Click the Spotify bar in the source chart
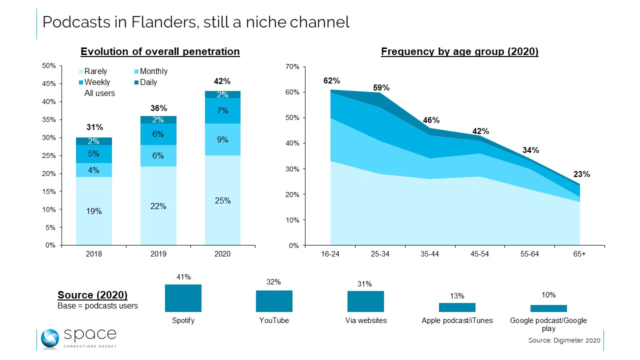coord(183,298)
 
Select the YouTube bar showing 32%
coord(274,301)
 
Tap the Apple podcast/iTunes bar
coord(457,307)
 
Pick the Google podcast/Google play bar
coord(548,308)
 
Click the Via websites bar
coord(365,301)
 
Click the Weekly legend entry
coord(94,82)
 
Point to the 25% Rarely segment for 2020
coord(222,200)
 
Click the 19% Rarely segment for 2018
coord(94,211)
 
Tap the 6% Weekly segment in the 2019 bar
coord(158,134)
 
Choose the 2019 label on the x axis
coord(158,254)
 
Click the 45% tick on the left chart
coord(48,84)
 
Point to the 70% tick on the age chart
coord(292,66)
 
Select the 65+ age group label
coord(579,254)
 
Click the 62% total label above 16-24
coord(331,80)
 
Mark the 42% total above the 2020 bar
coord(222,81)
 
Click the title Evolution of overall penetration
coord(160,51)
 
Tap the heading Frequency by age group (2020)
coord(459,51)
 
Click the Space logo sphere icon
coord(50,338)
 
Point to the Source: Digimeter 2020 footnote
coord(564,340)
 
